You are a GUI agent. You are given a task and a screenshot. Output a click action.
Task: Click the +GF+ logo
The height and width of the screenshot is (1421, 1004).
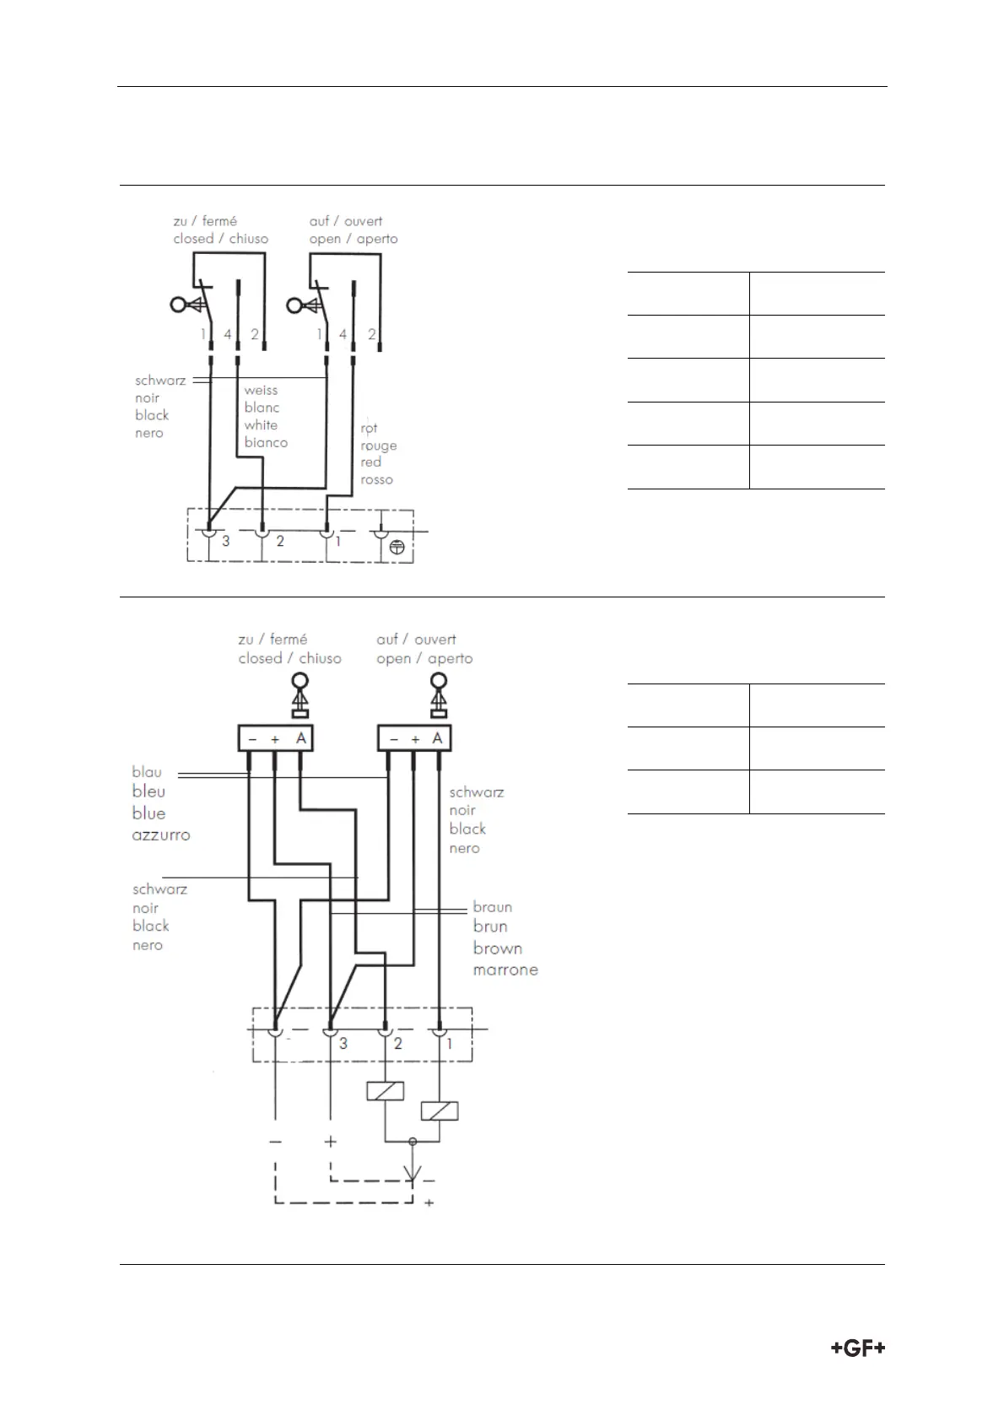click(858, 1348)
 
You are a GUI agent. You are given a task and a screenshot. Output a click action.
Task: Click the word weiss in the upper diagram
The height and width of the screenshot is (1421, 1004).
click(261, 391)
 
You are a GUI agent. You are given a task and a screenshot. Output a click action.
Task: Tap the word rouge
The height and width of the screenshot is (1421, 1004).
click(378, 446)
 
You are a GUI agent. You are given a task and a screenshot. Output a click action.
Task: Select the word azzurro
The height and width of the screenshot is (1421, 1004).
click(161, 835)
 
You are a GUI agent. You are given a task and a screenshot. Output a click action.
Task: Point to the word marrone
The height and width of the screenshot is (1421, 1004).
click(505, 970)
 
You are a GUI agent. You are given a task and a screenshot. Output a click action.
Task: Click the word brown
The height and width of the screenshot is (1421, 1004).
click(498, 948)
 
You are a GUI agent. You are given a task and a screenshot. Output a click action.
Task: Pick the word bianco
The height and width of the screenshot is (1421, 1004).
click(266, 443)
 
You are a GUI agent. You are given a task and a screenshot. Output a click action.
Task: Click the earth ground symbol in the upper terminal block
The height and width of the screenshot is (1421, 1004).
click(397, 547)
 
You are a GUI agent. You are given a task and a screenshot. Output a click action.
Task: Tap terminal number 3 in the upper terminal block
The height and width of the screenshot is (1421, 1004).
click(225, 541)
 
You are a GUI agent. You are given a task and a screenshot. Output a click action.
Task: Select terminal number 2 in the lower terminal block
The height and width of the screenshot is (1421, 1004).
click(398, 1044)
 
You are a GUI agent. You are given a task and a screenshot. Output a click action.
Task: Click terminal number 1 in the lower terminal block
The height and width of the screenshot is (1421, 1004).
click(449, 1044)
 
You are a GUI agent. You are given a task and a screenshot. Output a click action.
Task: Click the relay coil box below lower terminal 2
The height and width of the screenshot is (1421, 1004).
click(386, 1091)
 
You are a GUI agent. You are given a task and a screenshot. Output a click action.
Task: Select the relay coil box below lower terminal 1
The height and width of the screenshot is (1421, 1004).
click(439, 1111)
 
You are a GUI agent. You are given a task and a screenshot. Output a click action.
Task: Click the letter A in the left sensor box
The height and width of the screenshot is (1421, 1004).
click(301, 738)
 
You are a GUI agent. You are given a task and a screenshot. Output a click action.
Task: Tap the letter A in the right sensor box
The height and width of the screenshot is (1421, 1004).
click(437, 738)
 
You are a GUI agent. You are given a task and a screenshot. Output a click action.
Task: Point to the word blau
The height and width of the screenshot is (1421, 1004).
click(147, 772)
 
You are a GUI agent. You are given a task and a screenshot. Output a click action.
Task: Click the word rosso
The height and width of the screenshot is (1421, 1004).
click(376, 480)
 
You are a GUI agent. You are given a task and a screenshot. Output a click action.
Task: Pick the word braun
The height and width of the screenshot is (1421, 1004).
click(493, 907)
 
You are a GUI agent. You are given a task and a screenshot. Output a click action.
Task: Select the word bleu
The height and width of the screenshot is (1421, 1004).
click(148, 792)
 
